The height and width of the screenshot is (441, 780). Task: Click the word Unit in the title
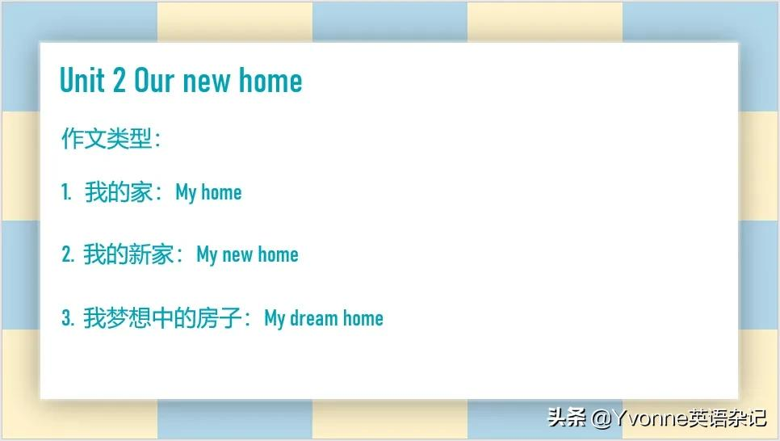[x=82, y=80]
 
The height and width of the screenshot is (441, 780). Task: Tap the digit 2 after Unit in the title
[x=120, y=80]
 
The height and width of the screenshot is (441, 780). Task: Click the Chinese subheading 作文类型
[x=107, y=138]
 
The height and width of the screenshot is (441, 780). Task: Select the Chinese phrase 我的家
[x=119, y=192]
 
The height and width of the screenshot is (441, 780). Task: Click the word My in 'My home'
[x=186, y=193]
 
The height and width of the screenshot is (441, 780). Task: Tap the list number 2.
[x=68, y=254]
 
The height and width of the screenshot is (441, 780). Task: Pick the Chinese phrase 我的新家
[x=128, y=254]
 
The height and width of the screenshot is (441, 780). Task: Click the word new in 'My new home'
[x=237, y=256]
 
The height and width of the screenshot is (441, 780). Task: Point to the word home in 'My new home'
[x=278, y=254]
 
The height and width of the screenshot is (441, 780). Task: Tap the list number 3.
[x=68, y=317]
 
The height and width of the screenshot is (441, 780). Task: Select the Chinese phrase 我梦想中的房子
[x=162, y=317]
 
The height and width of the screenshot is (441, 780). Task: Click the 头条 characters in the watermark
[x=567, y=417]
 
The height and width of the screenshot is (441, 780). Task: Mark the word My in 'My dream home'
[x=275, y=318]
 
